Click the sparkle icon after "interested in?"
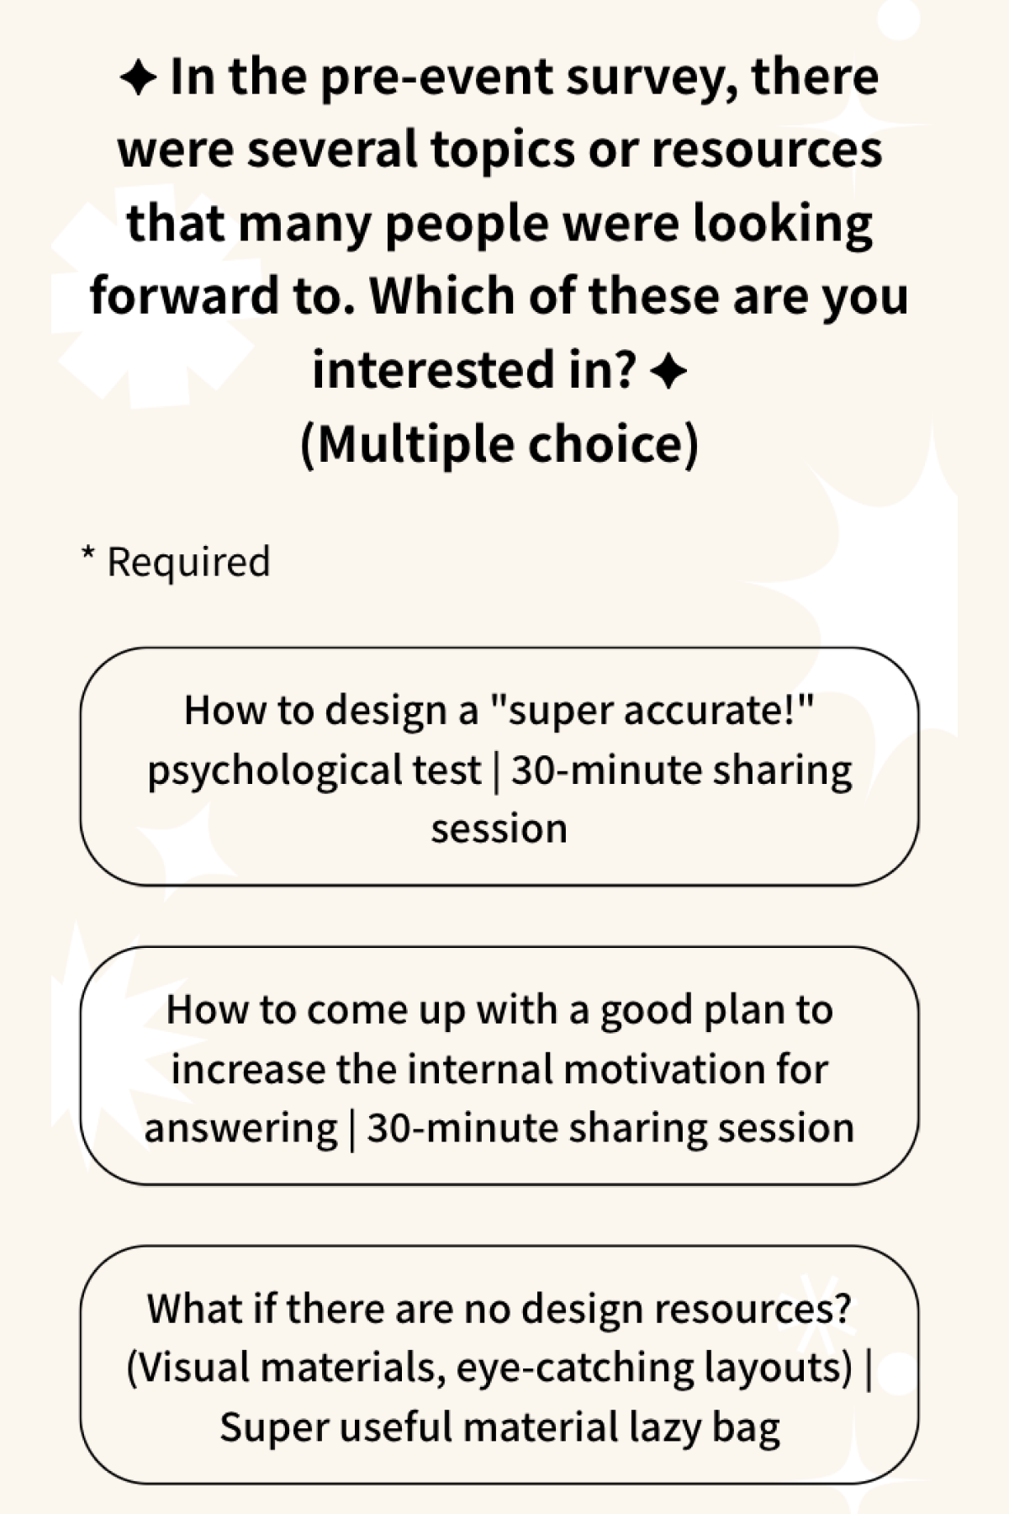[x=668, y=371]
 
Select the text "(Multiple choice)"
[x=499, y=443]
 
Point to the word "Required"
[x=189, y=562]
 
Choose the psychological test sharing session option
[x=499, y=766]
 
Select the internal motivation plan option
[x=499, y=1066]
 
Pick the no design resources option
[x=499, y=1365]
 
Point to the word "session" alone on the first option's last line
[x=499, y=829]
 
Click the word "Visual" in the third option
[x=190, y=1368]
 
